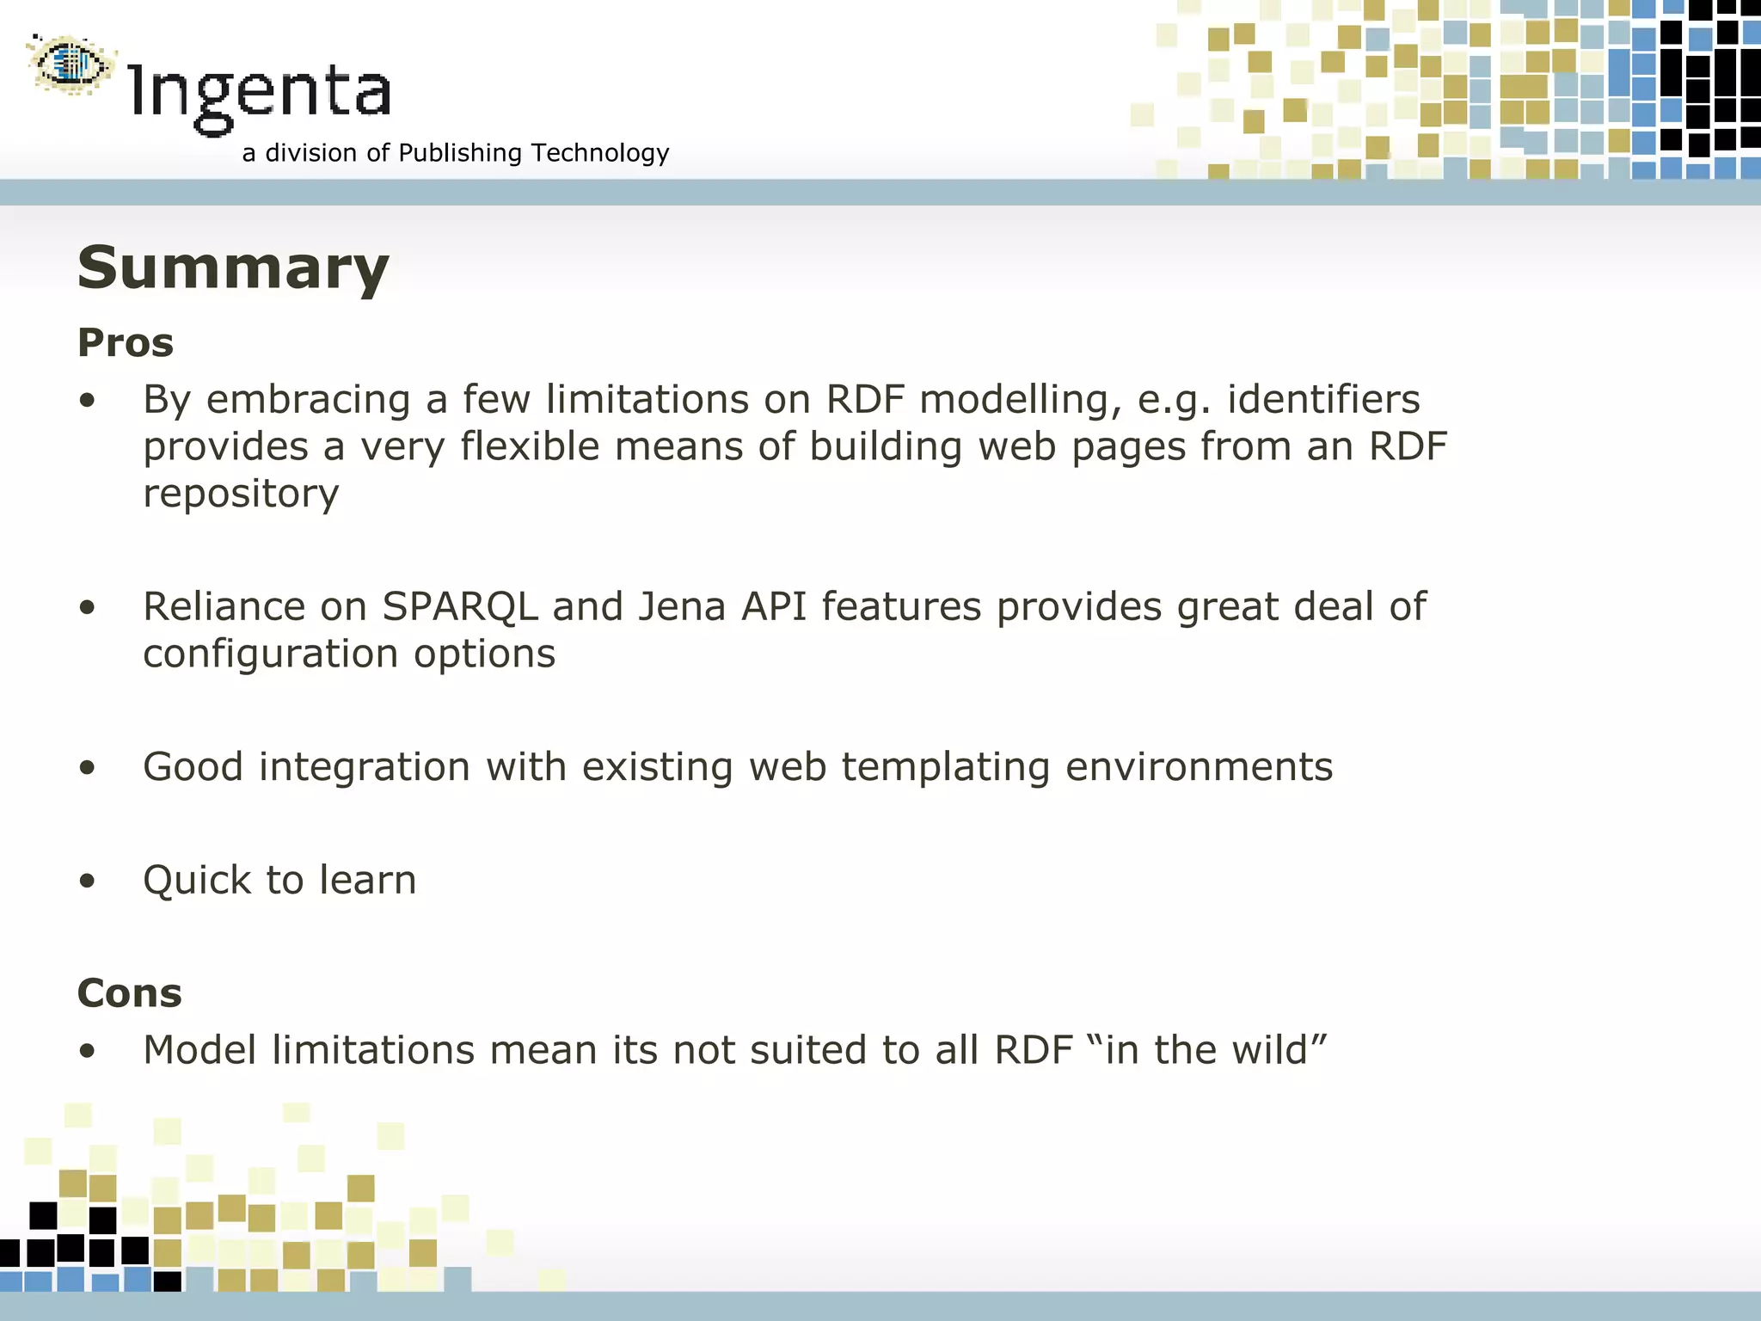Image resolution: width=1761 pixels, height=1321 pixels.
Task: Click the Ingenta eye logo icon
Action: (71, 64)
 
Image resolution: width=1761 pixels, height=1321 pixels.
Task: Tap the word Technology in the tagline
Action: (600, 153)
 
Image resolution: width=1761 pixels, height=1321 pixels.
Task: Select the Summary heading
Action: (233, 268)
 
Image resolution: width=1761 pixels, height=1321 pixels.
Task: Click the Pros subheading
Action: (126, 343)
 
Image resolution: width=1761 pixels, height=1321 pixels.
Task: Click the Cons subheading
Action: (130, 993)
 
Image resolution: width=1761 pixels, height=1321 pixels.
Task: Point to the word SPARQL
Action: (460, 607)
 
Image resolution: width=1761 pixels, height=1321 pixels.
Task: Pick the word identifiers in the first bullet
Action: (1323, 400)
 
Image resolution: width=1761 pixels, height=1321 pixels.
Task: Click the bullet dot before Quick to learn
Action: (87, 882)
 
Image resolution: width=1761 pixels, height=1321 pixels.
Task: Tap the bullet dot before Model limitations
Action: (87, 1051)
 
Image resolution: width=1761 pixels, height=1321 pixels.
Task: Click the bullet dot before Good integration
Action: (87, 768)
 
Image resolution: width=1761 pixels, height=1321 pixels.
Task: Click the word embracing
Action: (308, 400)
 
